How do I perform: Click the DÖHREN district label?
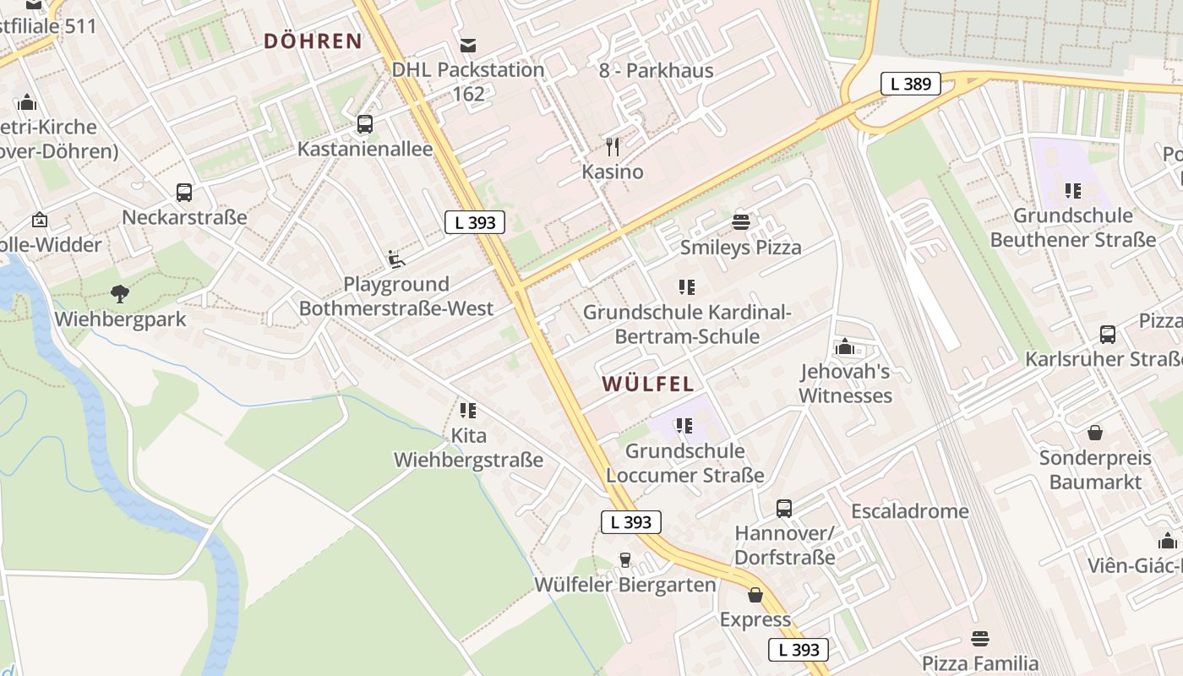[x=313, y=41]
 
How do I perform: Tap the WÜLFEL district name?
[x=648, y=384]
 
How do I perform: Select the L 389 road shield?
[x=911, y=84]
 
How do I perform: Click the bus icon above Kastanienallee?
[x=365, y=124]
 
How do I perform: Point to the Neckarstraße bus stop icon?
[x=184, y=193]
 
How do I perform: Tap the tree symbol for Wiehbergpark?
[x=120, y=294]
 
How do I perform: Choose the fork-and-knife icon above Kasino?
[x=613, y=147]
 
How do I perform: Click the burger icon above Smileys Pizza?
[x=741, y=222]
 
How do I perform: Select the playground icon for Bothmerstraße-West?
[x=395, y=259]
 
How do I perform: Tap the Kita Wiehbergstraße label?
[x=468, y=448]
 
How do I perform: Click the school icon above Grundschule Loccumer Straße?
[x=684, y=426]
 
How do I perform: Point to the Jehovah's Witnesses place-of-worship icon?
[x=845, y=346]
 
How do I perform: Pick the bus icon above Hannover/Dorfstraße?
[x=784, y=509]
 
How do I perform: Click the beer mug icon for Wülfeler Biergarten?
[x=625, y=559]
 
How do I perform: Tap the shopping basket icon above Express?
[x=755, y=595]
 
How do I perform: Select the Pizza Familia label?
[x=979, y=663]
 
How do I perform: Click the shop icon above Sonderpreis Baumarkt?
[x=1095, y=433]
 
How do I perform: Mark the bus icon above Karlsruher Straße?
[x=1108, y=334]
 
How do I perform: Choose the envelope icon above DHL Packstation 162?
[x=468, y=45]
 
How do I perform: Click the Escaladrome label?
[x=909, y=511]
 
